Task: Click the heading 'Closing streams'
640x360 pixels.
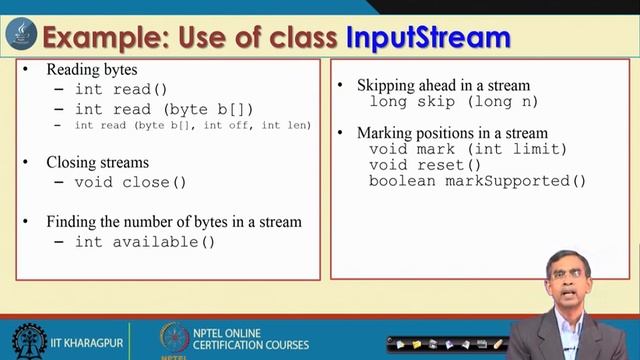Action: point(98,161)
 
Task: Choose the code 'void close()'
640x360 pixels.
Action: point(131,182)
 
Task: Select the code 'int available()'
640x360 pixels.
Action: point(145,241)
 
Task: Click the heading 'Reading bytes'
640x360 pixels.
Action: point(92,70)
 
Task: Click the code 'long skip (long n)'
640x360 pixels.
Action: point(453,101)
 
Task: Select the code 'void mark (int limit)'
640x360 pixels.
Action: point(468,149)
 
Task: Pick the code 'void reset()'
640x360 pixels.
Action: point(425,165)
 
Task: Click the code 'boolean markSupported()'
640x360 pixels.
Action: point(477,181)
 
